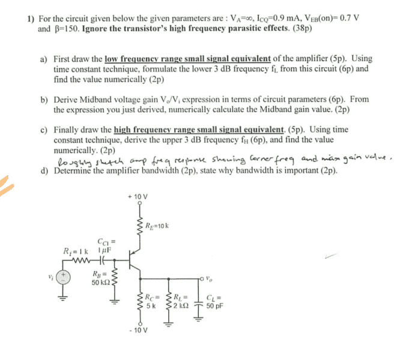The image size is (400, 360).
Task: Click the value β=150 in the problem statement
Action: pyautogui.click(x=68, y=28)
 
